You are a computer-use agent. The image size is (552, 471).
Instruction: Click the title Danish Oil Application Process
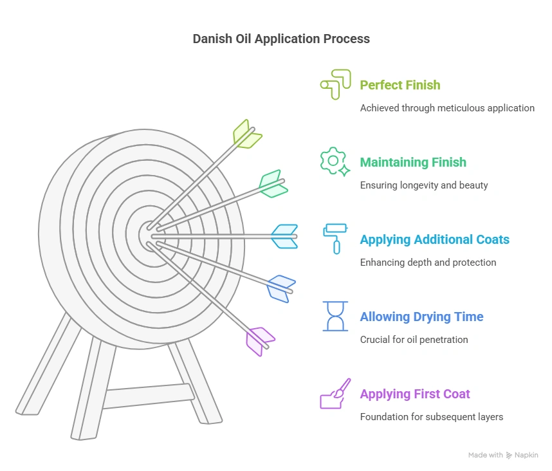[281, 39]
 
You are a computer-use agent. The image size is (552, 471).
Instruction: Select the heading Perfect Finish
[400, 85]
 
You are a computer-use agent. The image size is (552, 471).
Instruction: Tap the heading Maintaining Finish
[412, 162]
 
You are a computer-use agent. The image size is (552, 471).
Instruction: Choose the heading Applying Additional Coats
[434, 239]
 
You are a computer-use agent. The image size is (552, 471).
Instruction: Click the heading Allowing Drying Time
[421, 317]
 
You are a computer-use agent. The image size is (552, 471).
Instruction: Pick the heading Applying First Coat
[414, 394]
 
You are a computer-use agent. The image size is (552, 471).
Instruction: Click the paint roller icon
[335, 238]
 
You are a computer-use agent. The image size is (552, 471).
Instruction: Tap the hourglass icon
[335, 316]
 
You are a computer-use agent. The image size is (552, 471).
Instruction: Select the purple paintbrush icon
[335, 393]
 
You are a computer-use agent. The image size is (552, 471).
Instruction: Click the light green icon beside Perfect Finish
[335, 84]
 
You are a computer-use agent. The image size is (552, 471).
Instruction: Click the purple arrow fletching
[260, 340]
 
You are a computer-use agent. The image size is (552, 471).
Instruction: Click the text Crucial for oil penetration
[414, 340]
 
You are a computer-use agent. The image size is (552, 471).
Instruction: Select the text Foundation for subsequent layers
[431, 417]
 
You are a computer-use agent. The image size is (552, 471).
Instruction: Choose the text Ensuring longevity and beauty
[423, 185]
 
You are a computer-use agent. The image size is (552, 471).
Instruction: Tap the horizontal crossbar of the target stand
[147, 396]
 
